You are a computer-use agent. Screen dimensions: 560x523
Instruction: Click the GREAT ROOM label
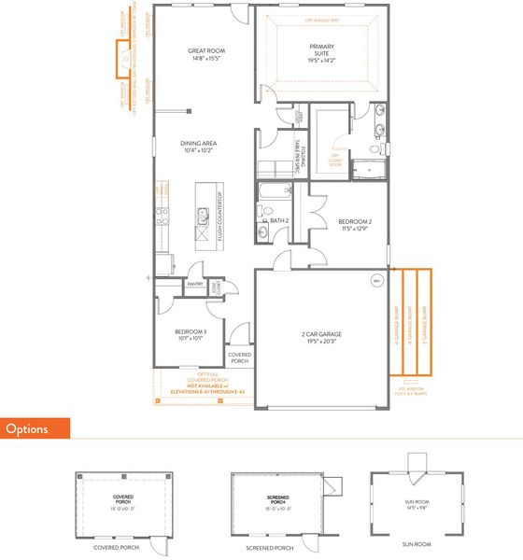click(x=205, y=51)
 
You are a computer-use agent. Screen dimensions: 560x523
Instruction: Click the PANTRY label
click(x=195, y=285)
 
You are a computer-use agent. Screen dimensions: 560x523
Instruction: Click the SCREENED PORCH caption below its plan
click(x=271, y=547)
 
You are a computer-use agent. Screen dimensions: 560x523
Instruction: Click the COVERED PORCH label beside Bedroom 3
click(x=240, y=357)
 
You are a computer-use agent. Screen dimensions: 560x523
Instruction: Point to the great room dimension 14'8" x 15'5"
click(x=205, y=59)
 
